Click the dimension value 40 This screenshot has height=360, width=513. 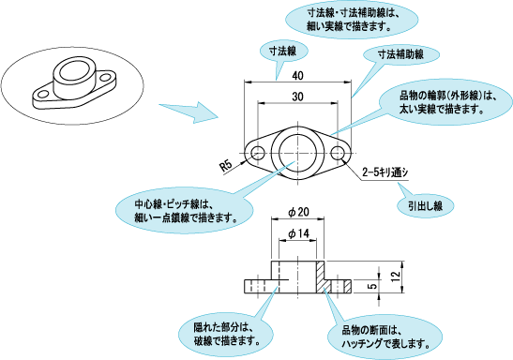(x=296, y=75)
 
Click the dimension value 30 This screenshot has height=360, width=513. (x=296, y=97)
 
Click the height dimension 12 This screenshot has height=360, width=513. (x=397, y=276)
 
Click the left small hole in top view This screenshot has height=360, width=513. (x=256, y=151)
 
